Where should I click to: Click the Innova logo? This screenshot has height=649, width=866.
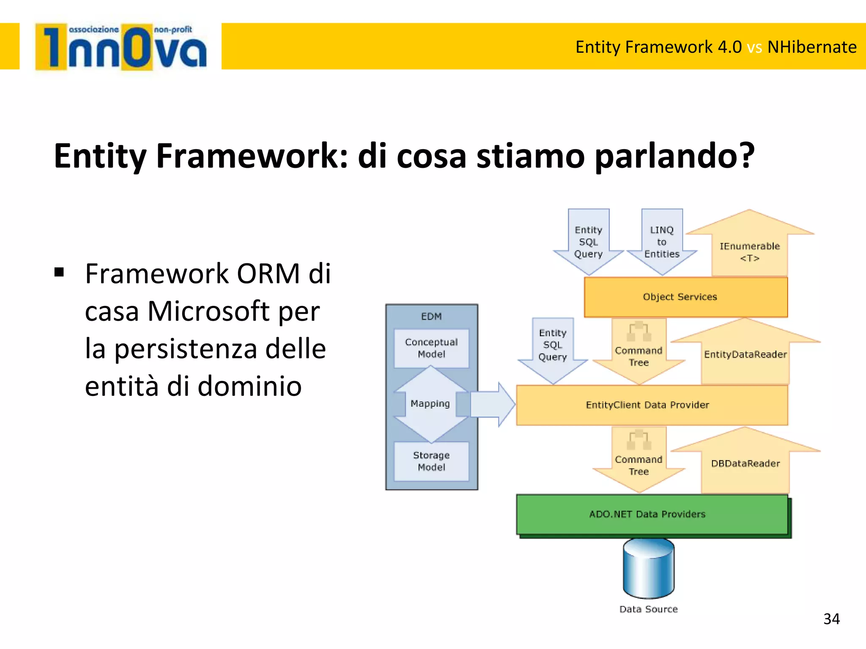click(x=121, y=47)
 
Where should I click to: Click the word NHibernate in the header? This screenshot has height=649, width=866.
click(x=811, y=47)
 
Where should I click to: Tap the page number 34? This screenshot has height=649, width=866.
click(x=831, y=619)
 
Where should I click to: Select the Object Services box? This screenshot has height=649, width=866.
click(x=685, y=297)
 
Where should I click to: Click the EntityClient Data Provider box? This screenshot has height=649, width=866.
click(x=651, y=405)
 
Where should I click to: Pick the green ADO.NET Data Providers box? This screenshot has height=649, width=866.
click(x=651, y=514)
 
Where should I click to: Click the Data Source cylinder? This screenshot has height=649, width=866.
click(x=648, y=568)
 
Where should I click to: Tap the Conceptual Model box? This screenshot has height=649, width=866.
click(x=431, y=348)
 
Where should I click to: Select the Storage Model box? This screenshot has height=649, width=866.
click(x=431, y=461)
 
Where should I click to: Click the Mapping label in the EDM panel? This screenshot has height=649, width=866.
click(x=430, y=404)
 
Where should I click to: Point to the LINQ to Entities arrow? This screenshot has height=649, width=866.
click(x=662, y=242)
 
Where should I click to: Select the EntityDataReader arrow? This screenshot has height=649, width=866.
click(x=745, y=354)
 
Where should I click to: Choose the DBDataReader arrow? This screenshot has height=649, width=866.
click(x=745, y=464)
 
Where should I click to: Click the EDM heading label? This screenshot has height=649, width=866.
click(x=431, y=316)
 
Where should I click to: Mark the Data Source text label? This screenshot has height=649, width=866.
click(x=648, y=609)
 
